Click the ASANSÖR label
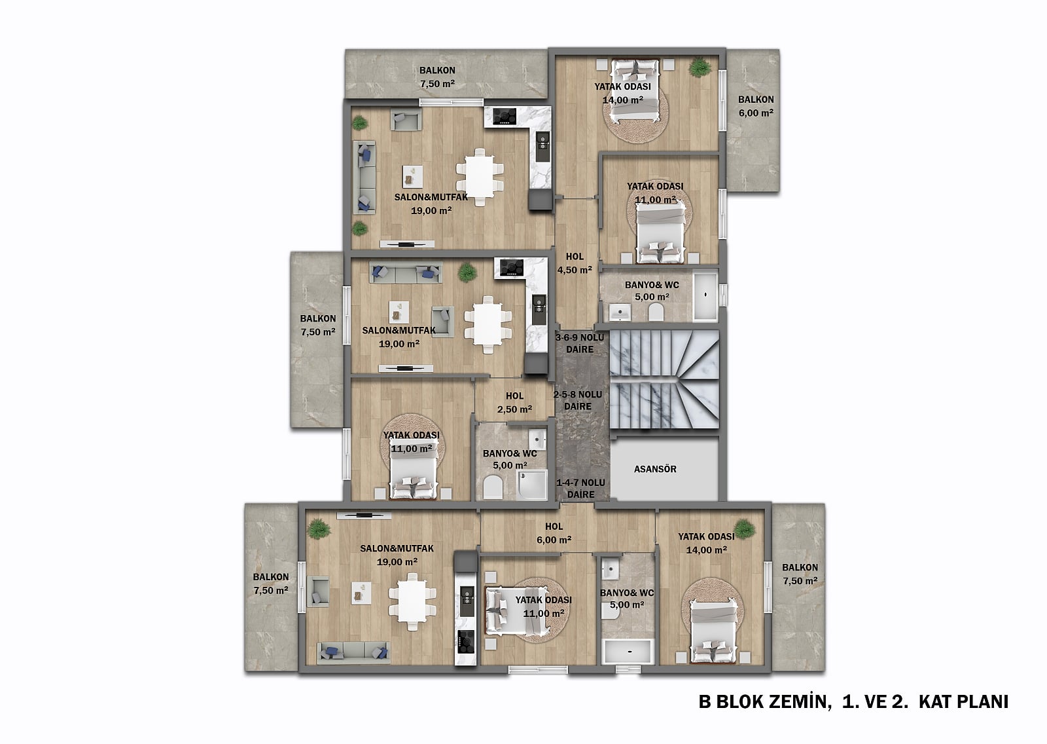tap(655, 469)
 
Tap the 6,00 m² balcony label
tap(756, 106)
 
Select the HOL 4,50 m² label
tap(575, 263)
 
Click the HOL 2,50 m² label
tap(514, 403)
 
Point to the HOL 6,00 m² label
tap(554, 533)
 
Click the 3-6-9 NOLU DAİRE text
tap(580, 343)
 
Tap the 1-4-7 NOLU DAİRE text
tap(580, 488)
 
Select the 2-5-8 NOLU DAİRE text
tap(578, 400)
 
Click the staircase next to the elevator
tap(664, 379)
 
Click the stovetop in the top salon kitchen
tap(505, 116)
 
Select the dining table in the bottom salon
tap(412, 601)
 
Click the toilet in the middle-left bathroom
tap(492, 487)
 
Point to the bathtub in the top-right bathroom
tap(705, 297)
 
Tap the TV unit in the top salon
tap(407, 244)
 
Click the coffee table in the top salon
tap(412, 176)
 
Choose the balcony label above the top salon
tap(437, 77)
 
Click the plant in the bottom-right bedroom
tap(743, 529)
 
